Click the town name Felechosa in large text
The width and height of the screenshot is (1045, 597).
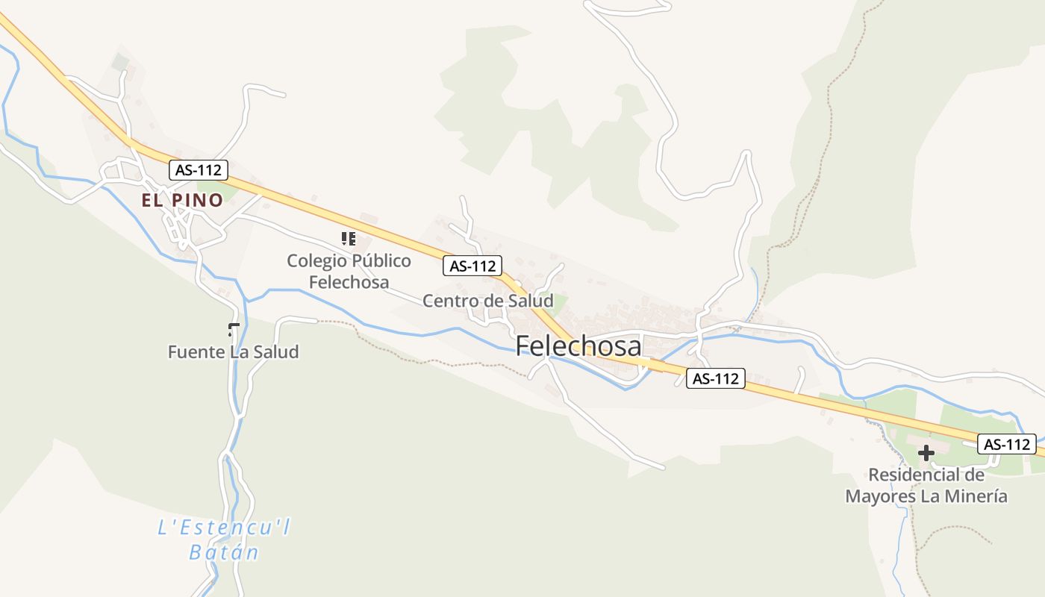[x=578, y=346]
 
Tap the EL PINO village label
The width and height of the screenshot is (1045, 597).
[x=183, y=200]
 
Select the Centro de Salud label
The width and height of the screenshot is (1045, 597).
[x=487, y=301]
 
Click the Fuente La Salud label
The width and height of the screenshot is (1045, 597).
[x=233, y=351]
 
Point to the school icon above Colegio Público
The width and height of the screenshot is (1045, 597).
[x=348, y=239]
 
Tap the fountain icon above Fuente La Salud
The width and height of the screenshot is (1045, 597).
[x=234, y=330]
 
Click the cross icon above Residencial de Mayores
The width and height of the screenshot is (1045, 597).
[x=926, y=452]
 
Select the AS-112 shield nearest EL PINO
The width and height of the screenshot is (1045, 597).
[x=198, y=170]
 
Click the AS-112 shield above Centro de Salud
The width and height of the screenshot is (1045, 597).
[x=472, y=266]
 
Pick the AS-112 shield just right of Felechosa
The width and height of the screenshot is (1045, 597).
[x=715, y=378]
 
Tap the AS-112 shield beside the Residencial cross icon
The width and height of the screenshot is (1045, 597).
[x=1007, y=444]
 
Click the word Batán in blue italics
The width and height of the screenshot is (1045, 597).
[x=224, y=553]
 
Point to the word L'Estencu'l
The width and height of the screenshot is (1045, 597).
[x=224, y=528]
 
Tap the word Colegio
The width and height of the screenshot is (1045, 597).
[x=313, y=261]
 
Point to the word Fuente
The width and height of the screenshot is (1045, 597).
[x=196, y=351]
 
